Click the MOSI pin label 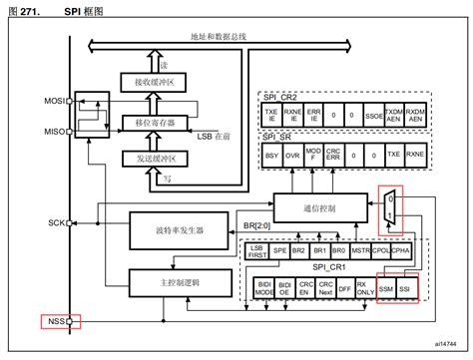(x=52, y=102)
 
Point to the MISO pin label (x=52, y=132)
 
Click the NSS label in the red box (x=53, y=321)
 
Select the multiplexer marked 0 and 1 (x=391, y=206)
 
